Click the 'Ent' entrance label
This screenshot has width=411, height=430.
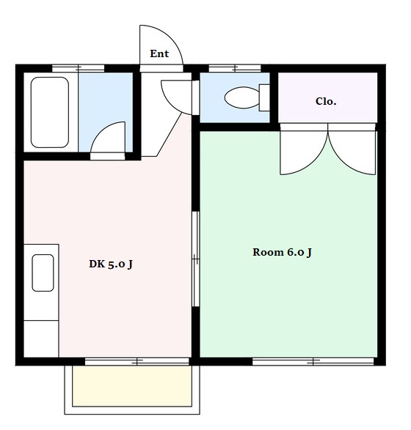[x=159, y=53]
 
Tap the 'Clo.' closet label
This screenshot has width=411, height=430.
[x=326, y=101]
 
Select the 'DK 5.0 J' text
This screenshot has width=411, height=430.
[x=111, y=264]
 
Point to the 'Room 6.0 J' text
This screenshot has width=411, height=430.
[x=282, y=252]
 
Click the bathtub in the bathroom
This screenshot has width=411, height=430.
[x=50, y=112]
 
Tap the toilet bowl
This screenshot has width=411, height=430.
[x=242, y=97]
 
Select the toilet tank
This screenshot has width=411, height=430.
[x=264, y=97]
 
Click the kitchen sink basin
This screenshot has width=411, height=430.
[x=43, y=273]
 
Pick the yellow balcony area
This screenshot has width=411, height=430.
[x=132, y=386]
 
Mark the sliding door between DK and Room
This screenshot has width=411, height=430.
[x=196, y=259]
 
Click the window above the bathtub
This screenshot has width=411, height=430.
[x=79, y=68]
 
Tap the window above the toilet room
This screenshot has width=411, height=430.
[x=235, y=68]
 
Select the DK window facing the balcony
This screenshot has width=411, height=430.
[x=137, y=361]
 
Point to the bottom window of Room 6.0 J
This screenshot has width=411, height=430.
[x=313, y=361]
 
